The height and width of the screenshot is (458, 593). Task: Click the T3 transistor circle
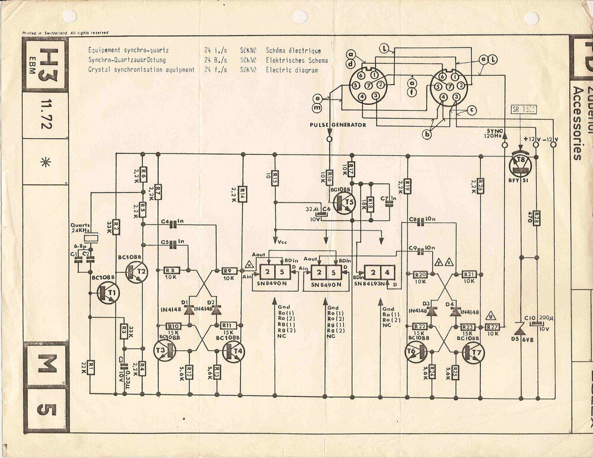165,351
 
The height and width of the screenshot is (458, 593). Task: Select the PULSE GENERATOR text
338,125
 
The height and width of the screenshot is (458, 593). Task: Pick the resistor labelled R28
536,219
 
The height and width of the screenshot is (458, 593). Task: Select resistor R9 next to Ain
229,271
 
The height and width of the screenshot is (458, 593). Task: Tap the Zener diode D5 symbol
519,328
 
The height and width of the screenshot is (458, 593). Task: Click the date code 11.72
46,113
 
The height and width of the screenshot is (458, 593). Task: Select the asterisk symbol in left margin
45,163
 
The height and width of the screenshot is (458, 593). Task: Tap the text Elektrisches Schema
296,60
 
